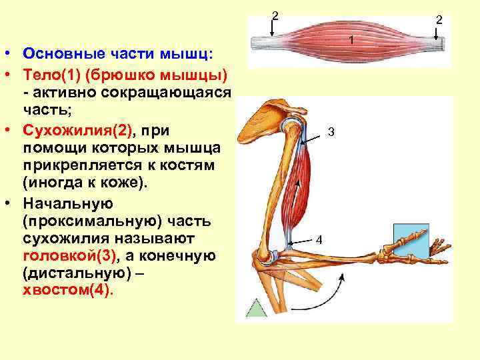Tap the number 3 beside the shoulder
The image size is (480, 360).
[x=331, y=133]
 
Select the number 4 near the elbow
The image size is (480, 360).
[x=319, y=239]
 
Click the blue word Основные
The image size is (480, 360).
[x=60, y=53]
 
